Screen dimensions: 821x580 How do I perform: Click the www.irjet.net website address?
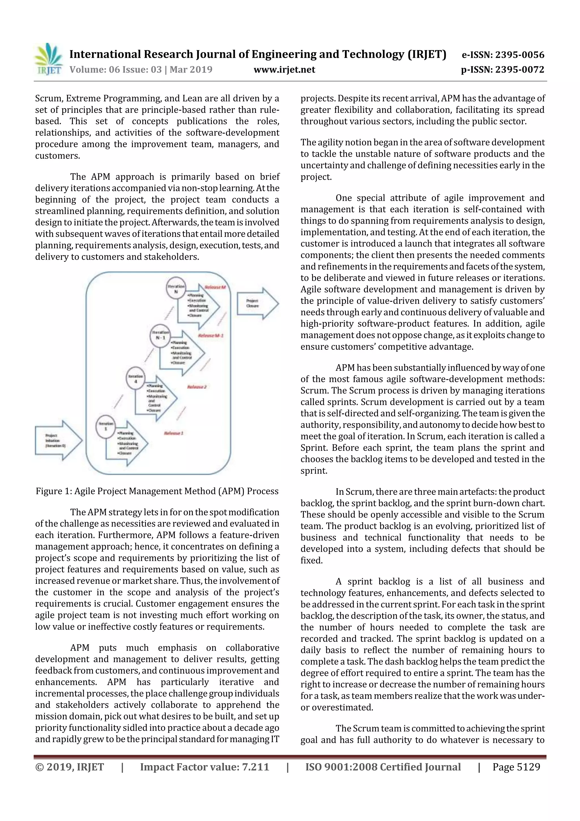point(284,70)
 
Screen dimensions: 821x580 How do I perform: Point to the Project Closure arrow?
point(257,303)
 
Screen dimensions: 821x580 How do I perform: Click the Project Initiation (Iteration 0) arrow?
point(58,440)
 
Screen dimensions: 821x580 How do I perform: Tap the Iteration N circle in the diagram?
point(176,288)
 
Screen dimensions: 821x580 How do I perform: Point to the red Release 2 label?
point(197,387)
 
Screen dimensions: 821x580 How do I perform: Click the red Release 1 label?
point(174,433)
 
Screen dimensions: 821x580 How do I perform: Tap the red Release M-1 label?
point(210,336)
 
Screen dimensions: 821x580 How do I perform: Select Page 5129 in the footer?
point(516,767)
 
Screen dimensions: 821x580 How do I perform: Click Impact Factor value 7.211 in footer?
point(204,767)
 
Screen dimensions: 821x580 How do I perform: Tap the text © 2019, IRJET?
point(69,767)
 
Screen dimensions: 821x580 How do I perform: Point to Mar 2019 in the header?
point(191,69)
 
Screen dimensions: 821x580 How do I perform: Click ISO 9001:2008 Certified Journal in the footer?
point(383,767)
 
